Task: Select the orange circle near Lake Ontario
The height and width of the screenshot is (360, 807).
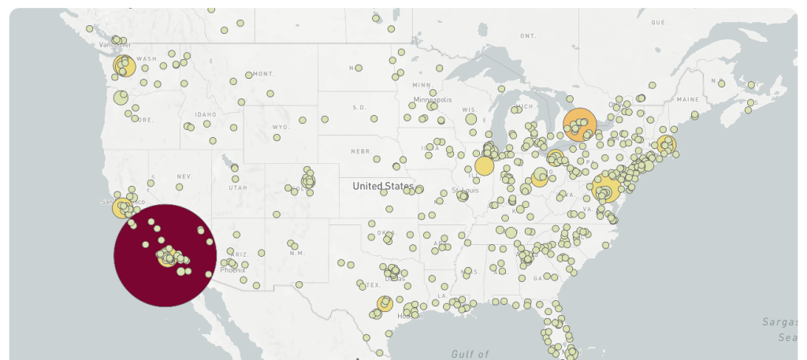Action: click(579, 124)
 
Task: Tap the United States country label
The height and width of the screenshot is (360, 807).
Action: click(383, 187)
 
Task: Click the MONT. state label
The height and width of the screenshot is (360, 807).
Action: click(263, 74)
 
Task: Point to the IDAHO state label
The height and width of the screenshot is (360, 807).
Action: click(205, 115)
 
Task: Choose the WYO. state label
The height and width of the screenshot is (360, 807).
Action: click(281, 127)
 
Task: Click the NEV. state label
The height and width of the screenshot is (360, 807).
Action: click(184, 176)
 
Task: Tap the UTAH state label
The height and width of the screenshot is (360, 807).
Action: click(238, 188)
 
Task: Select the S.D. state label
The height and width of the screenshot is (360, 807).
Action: click(359, 107)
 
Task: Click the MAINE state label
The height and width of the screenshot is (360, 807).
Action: click(687, 100)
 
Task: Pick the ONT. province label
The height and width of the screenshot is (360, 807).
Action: click(527, 36)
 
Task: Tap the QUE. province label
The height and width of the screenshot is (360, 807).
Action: click(659, 22)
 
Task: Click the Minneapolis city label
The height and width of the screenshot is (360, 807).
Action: click(433, 100)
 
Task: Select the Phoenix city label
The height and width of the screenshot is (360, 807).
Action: click(232, 269)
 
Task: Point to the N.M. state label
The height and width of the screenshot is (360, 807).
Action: click(297, 253)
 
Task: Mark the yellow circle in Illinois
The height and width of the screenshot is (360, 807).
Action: click(484, 165)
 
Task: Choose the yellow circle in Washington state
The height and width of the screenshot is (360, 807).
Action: click(124, 66)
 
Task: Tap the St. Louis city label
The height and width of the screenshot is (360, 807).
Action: click(465, 191)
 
